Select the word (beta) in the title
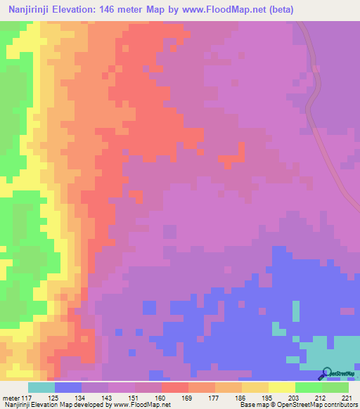pyautogui.click(x=276, y=9)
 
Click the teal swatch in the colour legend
pyautogui.click(x=41, y=388)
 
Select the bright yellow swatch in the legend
pyautogui.click(x=282, y=388)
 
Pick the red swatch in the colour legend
pyautogui.click(x=175, y=388)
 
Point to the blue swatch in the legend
pyautogui.click(x=68, y=388)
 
